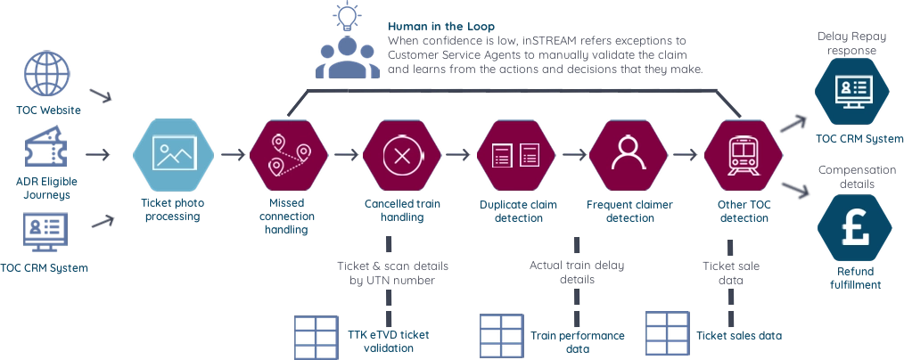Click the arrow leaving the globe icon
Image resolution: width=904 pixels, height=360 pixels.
(x=100, y=94)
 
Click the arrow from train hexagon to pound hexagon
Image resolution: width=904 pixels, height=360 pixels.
(x=793, y=189)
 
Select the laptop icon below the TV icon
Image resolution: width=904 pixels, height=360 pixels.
(x=45, y=227)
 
